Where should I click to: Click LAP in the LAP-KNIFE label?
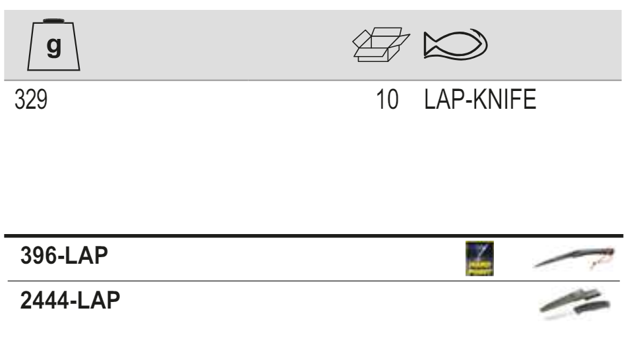pyautogui.click(x=440, y=104)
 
